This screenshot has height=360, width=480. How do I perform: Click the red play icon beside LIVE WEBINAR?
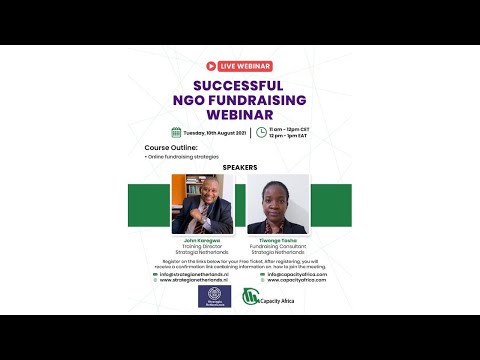coord(212,66)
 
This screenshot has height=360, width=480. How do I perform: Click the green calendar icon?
coord(175,132)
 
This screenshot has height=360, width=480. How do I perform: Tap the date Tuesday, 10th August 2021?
coord(213,132)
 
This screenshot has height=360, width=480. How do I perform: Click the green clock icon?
coord(262,132)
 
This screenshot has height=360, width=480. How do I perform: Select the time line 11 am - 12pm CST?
coord(290,128)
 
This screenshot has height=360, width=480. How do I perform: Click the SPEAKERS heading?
coord(240,167)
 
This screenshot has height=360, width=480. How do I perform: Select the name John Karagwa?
coord(202,242)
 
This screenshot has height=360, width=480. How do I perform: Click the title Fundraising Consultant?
coord(278,247)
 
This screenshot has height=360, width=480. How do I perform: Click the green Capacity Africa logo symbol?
coord(250,297)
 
